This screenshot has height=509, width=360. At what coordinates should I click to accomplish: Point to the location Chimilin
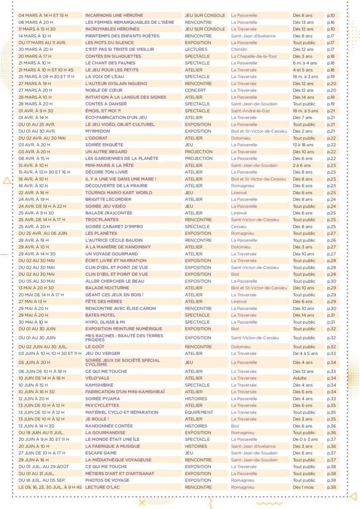click(x=240, y=50)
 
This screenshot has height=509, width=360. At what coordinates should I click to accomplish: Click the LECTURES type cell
click(x=196, y=50)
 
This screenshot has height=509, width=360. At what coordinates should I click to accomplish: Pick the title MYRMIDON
click(x=98, y=131)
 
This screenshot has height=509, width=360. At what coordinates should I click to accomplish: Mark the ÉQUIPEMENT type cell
click(x=199, y=412)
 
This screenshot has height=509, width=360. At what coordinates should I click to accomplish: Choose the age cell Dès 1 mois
click(x=304, y=487)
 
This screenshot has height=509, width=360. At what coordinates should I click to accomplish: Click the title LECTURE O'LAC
click(x=103, y=487)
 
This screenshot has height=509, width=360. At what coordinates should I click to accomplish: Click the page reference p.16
click(x=331, y=22)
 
